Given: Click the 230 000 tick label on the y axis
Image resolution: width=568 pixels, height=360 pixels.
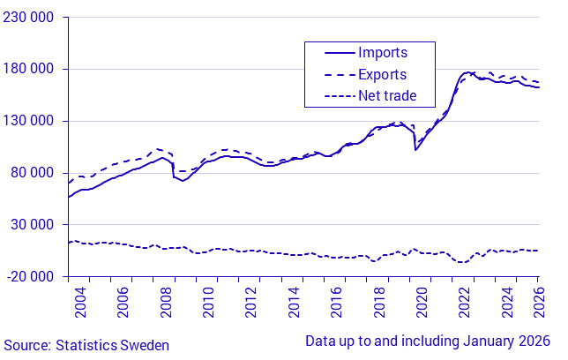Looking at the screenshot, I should click(x=27, y=18).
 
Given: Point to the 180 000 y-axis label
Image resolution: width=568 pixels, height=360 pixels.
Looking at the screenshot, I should click(x=27, y=70).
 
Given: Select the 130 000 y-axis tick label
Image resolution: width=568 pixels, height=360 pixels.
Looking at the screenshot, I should click(x=27, y=121).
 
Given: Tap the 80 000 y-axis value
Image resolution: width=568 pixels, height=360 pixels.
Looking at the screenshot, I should click(x=31, y=173).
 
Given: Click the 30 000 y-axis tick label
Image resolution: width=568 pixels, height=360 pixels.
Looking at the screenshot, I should click(x=31, y=224).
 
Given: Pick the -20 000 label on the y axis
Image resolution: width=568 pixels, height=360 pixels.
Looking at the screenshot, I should click(x=29, y=276).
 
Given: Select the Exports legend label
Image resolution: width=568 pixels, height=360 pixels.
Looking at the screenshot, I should click(x=383, y=74).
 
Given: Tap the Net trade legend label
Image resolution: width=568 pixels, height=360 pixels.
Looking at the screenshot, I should click(x=387, y=95).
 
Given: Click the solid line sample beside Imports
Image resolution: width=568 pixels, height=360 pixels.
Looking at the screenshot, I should click(x=330, y=53).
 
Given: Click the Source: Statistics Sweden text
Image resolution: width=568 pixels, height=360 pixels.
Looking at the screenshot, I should click(x=86, y=345).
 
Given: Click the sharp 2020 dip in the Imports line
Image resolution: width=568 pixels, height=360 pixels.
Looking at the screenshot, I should click(x=416, y=149).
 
